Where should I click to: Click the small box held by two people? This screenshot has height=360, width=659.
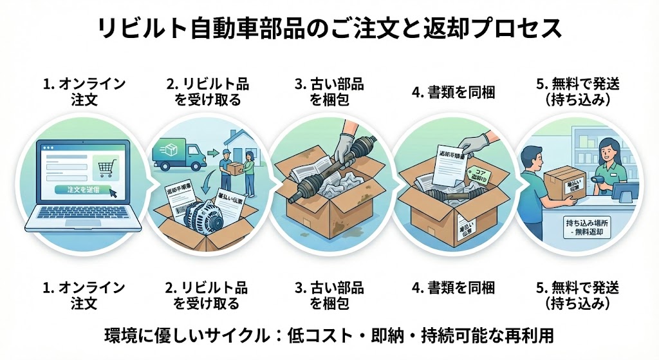[234, 166]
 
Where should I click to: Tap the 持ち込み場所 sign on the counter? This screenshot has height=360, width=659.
[589, 226]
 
